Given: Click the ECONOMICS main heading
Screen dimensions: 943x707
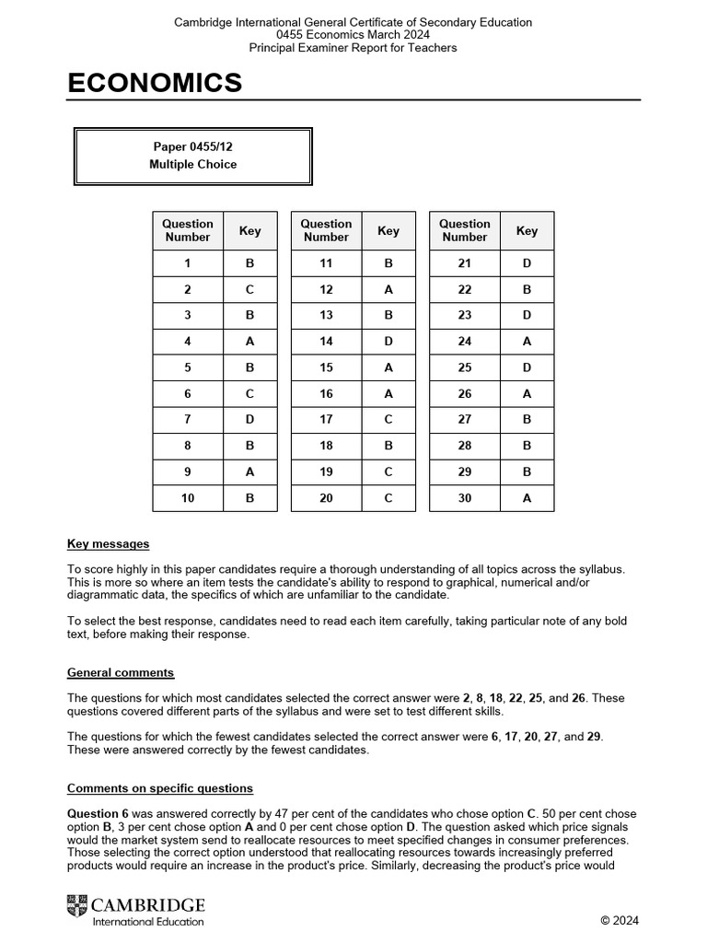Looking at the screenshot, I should tap(155, 84).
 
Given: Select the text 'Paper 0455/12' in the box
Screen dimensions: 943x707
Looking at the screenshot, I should tap(192, 146).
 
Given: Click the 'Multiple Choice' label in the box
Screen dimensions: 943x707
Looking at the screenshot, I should tap(192, 165).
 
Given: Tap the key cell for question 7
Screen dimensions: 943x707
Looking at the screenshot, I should tap(250, 420).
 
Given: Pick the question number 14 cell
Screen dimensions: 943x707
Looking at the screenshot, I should tap(326, 342).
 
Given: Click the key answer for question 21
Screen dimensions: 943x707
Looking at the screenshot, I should tap(527, 263).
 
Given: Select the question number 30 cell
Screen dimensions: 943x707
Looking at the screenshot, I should tap(464, 498).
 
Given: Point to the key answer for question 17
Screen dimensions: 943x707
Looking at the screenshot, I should tap(388, 420).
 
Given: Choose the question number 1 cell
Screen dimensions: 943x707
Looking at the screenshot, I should tap(188, 263).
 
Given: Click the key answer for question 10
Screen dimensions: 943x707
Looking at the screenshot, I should tap(250, 498).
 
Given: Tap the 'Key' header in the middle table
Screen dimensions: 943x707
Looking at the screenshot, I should tap(388, 231).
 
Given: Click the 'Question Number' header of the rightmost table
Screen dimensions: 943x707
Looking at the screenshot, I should tap(464, 230).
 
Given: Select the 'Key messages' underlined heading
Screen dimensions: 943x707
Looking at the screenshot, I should tap(108, 544).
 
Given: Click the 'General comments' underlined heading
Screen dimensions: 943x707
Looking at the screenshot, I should tap(121, 673).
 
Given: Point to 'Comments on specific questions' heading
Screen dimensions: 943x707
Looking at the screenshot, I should tap(160, 789).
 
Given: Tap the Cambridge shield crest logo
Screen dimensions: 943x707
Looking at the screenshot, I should tap(78, 909).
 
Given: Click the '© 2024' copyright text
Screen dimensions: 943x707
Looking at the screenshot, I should tap(619, 920).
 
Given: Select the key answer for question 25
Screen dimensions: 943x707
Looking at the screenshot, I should tap(527, 367).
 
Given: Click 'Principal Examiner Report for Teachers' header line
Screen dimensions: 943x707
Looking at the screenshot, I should tap(353, 48).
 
